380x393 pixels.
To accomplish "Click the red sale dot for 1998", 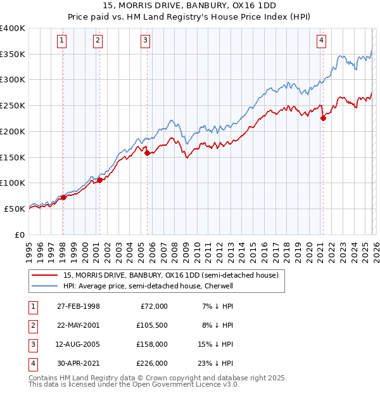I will click(63, 197).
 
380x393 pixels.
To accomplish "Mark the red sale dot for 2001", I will click(99, 180).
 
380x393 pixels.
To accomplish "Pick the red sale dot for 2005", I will click(147, 153).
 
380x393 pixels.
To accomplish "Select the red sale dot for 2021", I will click(323, 117).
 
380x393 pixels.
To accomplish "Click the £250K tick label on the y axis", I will click(13, 106).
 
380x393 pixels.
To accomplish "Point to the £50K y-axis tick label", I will click(15, 209).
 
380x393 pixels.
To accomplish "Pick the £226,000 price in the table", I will click(153, 363).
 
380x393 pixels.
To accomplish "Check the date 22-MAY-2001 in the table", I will click(78, 325).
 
